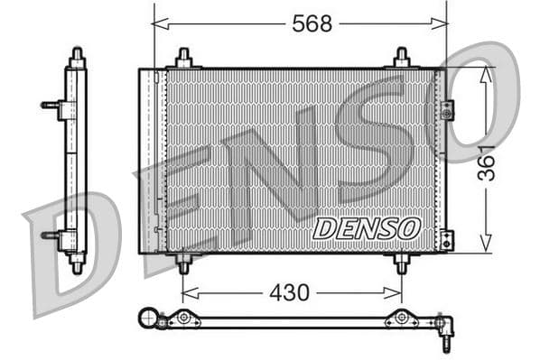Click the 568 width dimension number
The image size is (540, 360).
(x=312, y=23)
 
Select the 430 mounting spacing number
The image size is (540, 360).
(x=289, y=292)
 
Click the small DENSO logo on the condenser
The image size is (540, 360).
(x=367, y=228)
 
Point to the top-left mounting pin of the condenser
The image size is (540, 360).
(x=184, y=59)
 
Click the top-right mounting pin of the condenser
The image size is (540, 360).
(x=402, y=59)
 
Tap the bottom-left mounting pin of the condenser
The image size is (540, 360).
(x=184, y=263)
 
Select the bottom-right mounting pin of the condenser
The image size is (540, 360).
(x=402, y=263)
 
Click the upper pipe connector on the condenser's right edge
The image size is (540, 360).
(x=446, y=109)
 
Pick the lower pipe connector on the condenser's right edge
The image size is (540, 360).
(x=445, y=240)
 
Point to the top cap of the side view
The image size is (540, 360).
(x=77, y=56)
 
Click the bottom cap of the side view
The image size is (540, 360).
(x=77, y=264)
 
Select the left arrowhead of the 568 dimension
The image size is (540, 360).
(x=158, y=24)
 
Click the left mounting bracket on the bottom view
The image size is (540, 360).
(x=184, y=318)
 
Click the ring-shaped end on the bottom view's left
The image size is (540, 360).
(x=147, y=317)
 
